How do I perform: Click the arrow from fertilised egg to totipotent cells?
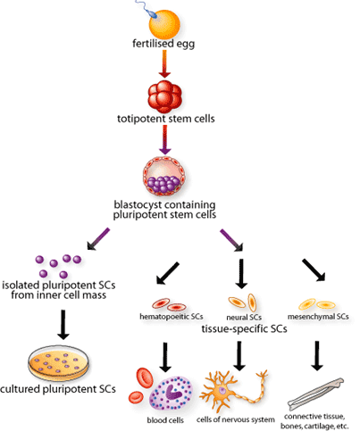click(x=179, y=65)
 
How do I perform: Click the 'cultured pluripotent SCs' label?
click(x=58, y=390)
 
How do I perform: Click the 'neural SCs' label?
click(x=240, y=315)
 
